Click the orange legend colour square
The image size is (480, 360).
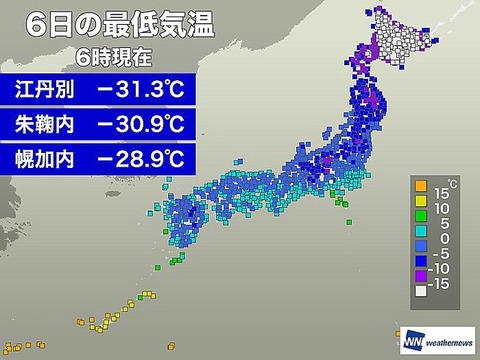pyautogui.click(x=420, y=190)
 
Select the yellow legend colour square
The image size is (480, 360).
pyautogui.click(x=420, y=206)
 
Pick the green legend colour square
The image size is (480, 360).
pyautogui.click(x=420, y=222)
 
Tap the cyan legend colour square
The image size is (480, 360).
pyautogui.click(x=420, y=238)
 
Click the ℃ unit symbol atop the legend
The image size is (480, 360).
pyautogui.click(x=452, y=181)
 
